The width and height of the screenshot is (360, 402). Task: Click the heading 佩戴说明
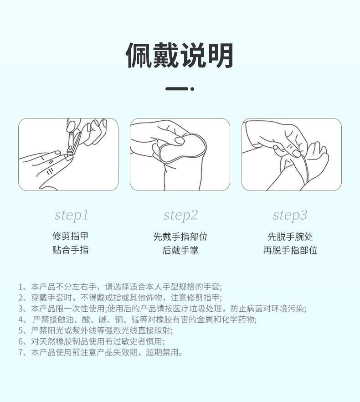pyautogui.click(x=180, y=56)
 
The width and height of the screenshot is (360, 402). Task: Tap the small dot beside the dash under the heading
pyautogui.click(x=192, y=89)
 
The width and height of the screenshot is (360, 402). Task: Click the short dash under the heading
pyautogui.click(x=176, y=89)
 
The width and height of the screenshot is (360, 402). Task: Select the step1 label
pyautogui.click(x=71, y=215)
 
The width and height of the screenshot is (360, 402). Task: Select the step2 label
pyautogui.click(x=180, y=215)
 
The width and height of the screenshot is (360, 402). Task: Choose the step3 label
pyautogui.click(x=290, y=215)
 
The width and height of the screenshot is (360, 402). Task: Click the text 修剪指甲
pyautogui.click(x=71, y=237)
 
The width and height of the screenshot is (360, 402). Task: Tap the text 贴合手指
pyautogui.click(x=71, y=250)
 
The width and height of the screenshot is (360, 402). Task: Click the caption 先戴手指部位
pyautogui.click(x=180, y=237)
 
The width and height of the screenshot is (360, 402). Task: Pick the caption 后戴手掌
pyautogui.click(x=180, y=250)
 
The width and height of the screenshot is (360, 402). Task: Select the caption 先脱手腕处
pyautogui.click(x=290, y=237)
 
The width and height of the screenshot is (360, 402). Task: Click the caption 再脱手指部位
pyautogui.click(x=290, y=250)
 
